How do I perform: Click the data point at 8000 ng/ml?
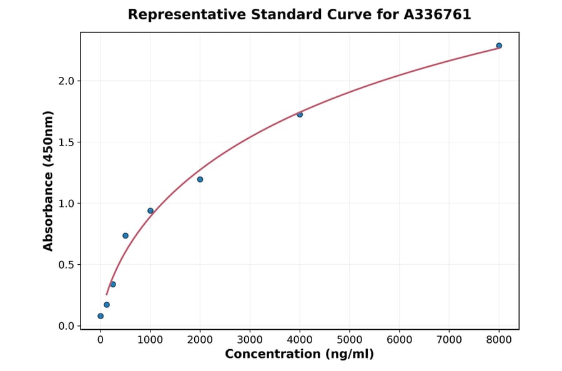(x=499, y=46)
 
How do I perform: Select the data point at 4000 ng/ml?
(x=300, y=114)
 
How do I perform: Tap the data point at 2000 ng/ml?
(x=200, y=179)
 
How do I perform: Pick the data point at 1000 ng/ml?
(x=150, y=210)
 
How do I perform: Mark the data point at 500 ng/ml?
(x=126, y=235)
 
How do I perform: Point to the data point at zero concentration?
(x=101, y=316)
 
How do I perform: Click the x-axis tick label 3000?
(x=250, y=340)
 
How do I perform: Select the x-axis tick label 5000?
(x=350, y=340)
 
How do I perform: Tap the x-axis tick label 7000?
(x=449, y=340)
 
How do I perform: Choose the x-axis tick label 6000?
(x=400, y=340)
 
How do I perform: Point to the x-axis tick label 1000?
(x=150, y=340)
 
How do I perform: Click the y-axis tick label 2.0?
(x=67, y=81)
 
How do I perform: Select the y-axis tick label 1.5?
(x=67, y=142)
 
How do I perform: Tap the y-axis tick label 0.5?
(x=67, y=265)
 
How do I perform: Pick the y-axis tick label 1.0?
(x=67, y=204)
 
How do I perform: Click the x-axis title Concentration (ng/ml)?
(x=300, y=354)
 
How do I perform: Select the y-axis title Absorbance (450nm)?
(x=49, y=181)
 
